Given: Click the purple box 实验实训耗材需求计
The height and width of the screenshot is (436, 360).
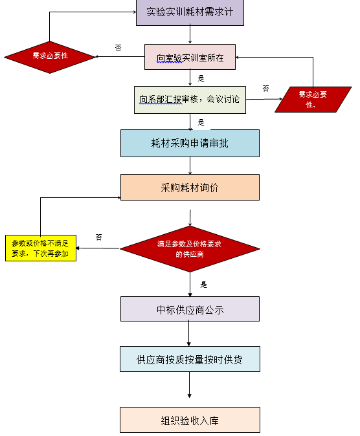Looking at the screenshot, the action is coord(190,12).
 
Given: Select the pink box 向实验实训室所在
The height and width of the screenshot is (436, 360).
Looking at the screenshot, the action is coord(190,57).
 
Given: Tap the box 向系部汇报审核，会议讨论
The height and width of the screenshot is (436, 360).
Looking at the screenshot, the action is coord(190,100).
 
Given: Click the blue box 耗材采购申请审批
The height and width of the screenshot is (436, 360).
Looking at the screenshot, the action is coord(190,143).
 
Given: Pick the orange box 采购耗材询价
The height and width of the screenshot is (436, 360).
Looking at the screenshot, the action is coord(190,187).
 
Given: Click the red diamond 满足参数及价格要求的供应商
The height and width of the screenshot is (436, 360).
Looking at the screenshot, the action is coord(190,249).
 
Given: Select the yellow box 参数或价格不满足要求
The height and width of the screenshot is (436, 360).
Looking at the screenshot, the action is coord(41,248).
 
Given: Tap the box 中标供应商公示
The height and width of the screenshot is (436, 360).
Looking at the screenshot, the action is coord(190,309).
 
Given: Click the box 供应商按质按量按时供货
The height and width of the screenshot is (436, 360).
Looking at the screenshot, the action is coord(190,359).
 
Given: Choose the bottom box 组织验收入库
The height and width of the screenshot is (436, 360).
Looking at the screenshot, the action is coord(190,420).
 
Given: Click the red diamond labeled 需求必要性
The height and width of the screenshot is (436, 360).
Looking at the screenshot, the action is coord(50,57).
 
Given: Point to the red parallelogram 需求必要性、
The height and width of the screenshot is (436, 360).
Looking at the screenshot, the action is coord(313,100).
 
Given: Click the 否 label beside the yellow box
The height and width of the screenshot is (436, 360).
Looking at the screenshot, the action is coord(99,237).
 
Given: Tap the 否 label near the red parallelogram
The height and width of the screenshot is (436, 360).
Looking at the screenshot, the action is coord(266,89).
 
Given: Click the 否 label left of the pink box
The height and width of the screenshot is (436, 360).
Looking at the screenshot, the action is coord(118,48).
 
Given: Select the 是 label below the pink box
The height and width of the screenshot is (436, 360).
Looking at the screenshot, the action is coord(201,78).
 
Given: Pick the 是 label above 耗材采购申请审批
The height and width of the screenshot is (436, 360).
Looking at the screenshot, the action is coord(201,122).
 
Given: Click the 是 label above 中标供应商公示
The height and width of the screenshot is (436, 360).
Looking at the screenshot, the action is coord(203,285).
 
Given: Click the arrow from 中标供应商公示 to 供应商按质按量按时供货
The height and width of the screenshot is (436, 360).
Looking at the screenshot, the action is coord(189,334).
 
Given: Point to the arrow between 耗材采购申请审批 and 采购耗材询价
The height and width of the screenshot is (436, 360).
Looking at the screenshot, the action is coord(190,166).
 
